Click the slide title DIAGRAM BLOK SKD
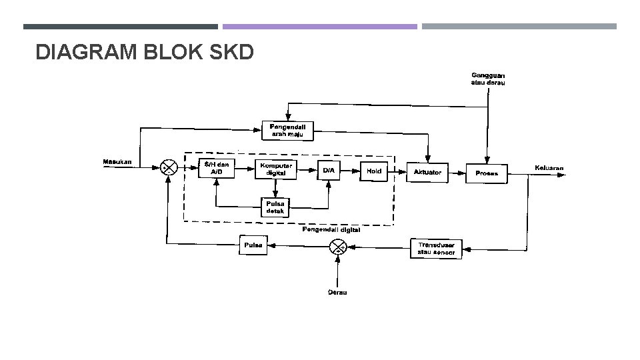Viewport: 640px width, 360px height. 144,51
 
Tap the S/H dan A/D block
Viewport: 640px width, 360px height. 217,169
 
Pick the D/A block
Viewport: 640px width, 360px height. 329,171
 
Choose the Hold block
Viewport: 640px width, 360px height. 374,171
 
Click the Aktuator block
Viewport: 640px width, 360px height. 427,172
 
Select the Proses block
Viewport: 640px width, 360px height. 487,173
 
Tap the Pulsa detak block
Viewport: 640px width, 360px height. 275,207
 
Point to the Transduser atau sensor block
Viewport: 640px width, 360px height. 436,249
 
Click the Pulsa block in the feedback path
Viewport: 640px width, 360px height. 253,245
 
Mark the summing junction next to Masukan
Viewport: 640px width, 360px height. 169,167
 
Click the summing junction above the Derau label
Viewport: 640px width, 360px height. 338,248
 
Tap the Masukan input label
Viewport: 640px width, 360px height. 117,161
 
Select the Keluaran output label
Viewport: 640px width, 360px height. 549,167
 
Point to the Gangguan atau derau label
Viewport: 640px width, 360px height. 489,79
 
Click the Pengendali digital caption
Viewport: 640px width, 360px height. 331,229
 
